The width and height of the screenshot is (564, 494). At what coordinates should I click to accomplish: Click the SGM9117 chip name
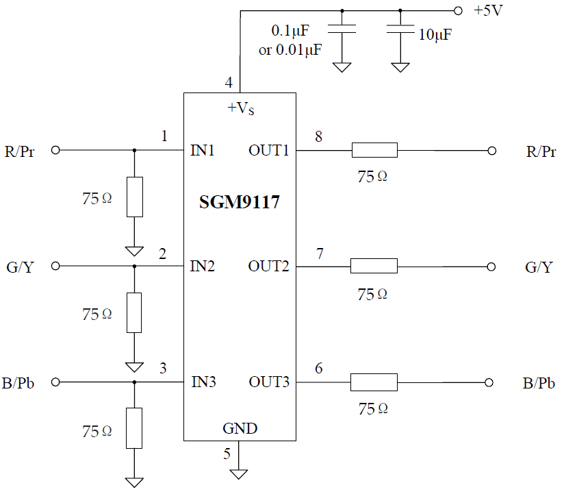239,202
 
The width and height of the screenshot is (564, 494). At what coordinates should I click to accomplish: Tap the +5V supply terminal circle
458,11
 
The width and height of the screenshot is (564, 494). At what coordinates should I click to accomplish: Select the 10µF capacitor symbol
400,29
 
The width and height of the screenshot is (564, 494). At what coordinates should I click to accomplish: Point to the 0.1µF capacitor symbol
342,29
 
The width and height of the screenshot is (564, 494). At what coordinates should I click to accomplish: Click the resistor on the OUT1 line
374,150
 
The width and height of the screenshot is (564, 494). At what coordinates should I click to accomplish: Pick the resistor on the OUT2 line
374,266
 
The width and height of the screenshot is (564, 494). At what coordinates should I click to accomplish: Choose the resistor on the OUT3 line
374,382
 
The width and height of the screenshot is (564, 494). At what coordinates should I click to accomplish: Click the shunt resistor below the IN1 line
135,197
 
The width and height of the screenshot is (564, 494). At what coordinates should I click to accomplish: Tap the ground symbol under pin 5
238,474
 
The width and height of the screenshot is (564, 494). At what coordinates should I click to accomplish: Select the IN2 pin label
202,267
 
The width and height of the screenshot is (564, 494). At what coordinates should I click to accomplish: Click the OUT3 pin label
269,382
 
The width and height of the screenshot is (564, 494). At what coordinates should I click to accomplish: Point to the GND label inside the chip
240,428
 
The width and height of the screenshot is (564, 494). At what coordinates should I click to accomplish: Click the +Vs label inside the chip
241,108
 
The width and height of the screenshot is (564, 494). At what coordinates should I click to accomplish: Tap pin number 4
229,83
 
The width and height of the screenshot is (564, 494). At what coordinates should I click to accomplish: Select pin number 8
319,136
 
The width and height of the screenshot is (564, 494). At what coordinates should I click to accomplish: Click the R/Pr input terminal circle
55,150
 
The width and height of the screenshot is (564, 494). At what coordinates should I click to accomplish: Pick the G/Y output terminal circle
491,267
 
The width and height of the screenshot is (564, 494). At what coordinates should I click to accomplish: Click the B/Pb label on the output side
539,383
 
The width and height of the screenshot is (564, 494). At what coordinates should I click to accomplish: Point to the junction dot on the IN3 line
135,382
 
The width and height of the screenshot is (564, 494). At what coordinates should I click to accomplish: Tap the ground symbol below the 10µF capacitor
400,68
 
